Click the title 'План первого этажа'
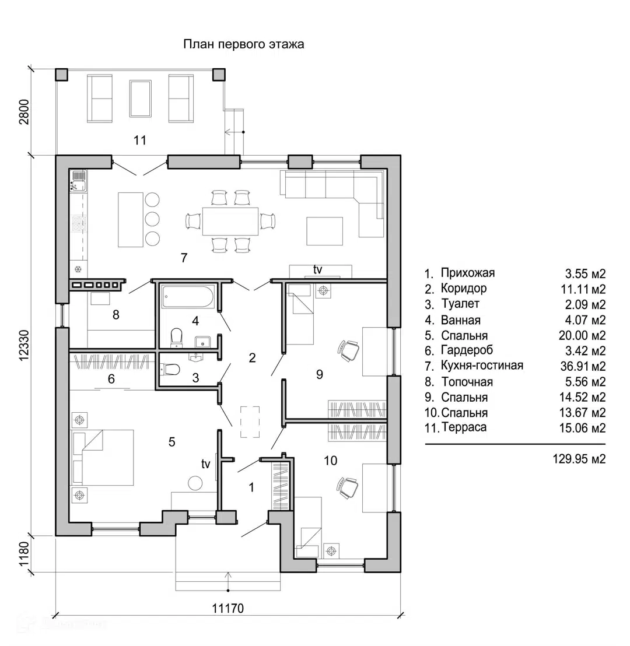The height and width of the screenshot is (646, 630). [244, 44]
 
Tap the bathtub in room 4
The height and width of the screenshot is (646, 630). [188, 296]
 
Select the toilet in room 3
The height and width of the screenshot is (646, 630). [169, 369]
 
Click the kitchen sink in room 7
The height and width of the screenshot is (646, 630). [78, 182]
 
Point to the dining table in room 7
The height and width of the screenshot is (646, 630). [230, 221]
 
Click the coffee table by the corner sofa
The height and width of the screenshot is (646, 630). [324, 231]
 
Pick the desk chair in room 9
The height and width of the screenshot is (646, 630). [349, 350]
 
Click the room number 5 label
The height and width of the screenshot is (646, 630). [172, 442]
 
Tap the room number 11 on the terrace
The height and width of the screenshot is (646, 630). [140, 141]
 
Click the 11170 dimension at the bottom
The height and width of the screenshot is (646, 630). [228, 608]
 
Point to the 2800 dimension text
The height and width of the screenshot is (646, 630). [24, 111]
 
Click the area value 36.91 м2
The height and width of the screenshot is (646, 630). [583, 366]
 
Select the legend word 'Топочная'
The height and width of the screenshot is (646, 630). [467, 382]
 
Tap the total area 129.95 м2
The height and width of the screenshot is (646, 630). [579, 459]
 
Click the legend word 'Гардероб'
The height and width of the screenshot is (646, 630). [467, 350]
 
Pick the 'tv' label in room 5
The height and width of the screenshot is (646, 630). [206, 464]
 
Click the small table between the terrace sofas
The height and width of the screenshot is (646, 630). [140, 99]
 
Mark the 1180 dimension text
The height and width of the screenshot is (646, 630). [24, 554]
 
